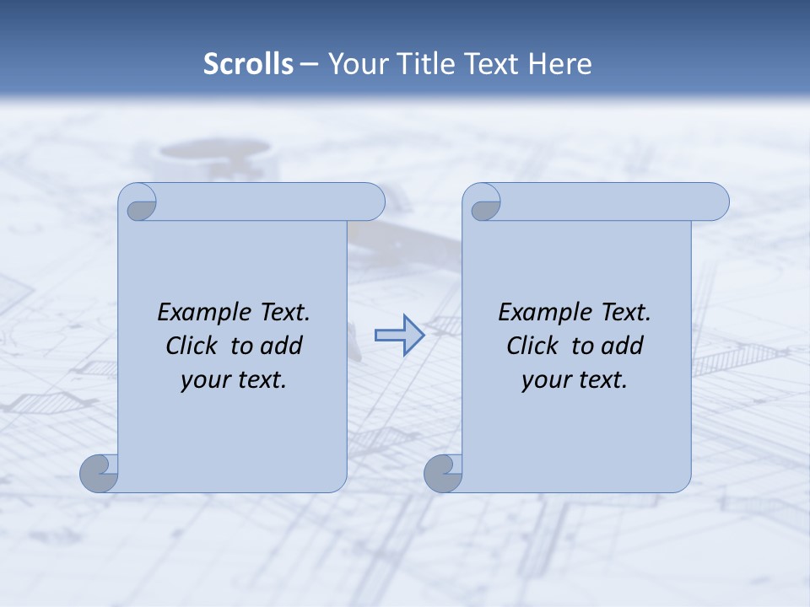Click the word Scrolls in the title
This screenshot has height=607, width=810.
tap(249, 64)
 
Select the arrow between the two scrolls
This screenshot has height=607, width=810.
tap(399, 336)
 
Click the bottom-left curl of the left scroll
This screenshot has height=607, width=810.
tap(100, 474)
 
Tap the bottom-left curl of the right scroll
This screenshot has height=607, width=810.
tap(443, 474)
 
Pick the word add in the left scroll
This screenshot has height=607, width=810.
tap(282, 346)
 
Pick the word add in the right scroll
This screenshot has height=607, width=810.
tap(623, 346)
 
